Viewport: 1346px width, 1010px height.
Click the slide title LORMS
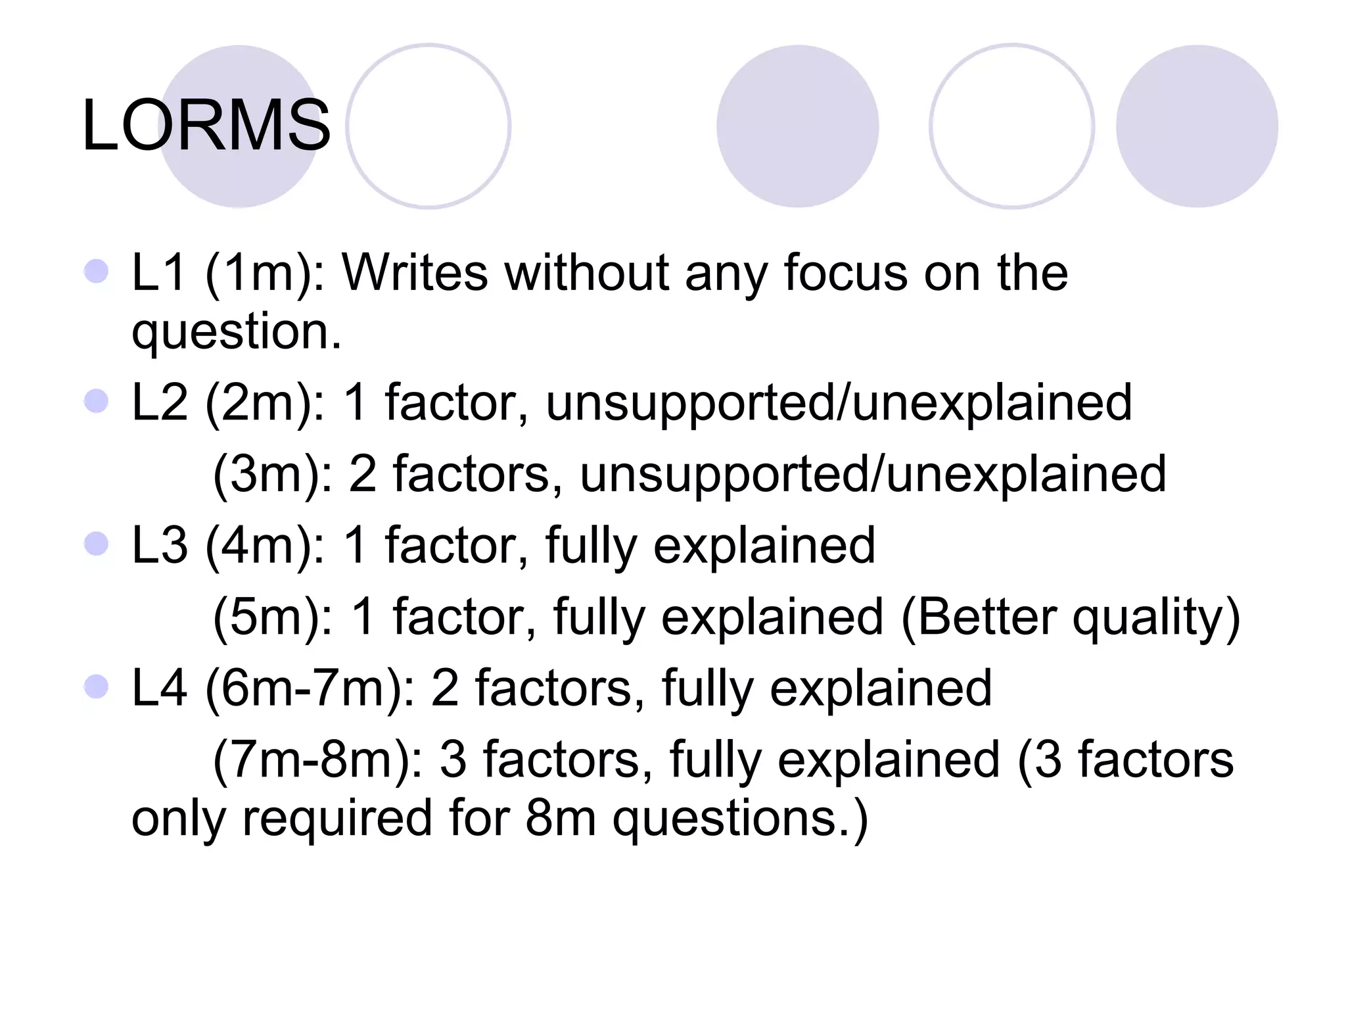[206, 125]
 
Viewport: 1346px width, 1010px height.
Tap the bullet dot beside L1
[97, 271]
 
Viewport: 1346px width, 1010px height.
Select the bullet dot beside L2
[97, 401]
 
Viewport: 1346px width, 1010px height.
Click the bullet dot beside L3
[97, 544]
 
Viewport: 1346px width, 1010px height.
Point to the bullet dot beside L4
[97, 687]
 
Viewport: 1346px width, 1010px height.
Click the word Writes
[414, 272]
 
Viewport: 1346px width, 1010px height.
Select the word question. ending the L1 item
[237, 332]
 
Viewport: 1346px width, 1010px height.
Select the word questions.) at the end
[740, 819]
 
